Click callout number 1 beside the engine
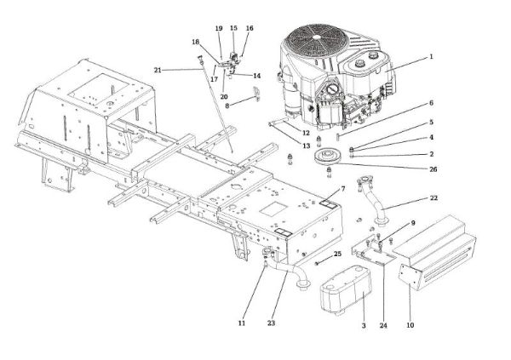[x=431, y=57]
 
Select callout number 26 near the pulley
[x=432, y=169]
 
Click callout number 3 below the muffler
[x=364, y=326]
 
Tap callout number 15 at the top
[x=233, y=29]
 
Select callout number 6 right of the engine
[x=431, y=103]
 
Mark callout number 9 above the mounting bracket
[x=413, y=224]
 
